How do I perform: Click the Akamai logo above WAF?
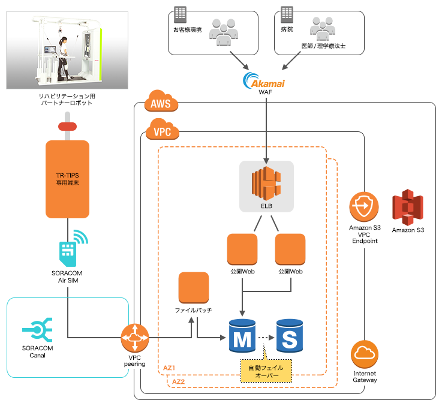click(x=264, y=80)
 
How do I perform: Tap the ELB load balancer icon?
click(x=266, y=183)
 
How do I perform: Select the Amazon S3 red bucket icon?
click(x=408, y=207)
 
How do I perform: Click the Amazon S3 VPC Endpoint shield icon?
click(x=365, y=207)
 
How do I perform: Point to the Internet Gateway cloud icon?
click(x=366, y=355)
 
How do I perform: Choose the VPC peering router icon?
click(x=135, y=338)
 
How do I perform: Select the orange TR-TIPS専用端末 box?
click(x=68, y=178)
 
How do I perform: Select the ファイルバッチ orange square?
click(x=194, y=287)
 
